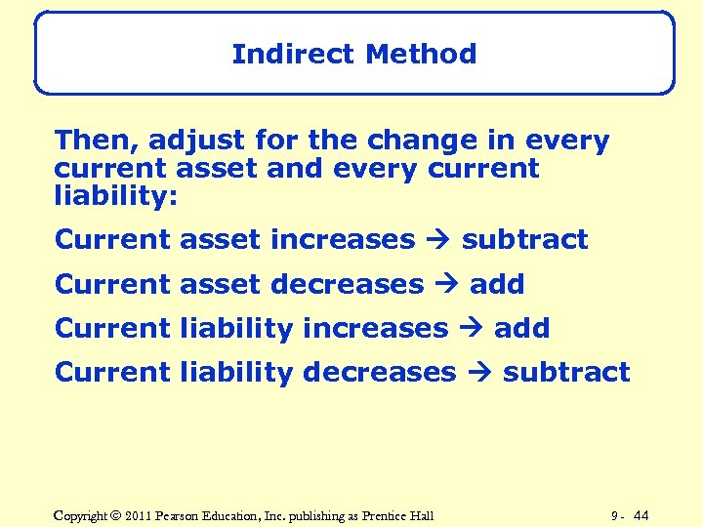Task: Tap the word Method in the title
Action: (421, 54)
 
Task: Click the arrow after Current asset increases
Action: (437, 240)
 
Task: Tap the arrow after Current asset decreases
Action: (446, 285)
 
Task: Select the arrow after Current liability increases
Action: (471, 329)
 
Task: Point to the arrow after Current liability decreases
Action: (478, 373)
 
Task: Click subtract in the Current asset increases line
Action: (524, 240)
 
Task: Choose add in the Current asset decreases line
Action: (497, 285)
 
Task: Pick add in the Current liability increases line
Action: (521, 329)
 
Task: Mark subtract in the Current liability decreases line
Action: (566, 373)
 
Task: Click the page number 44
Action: (641, 515)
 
